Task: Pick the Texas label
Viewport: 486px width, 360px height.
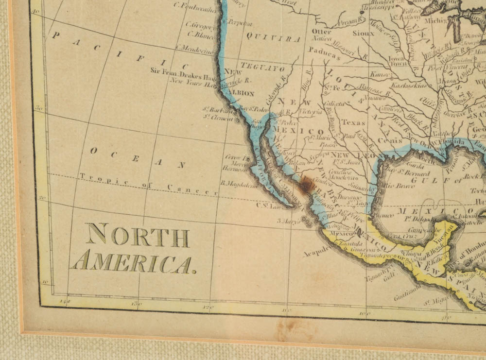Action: (353, 122)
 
